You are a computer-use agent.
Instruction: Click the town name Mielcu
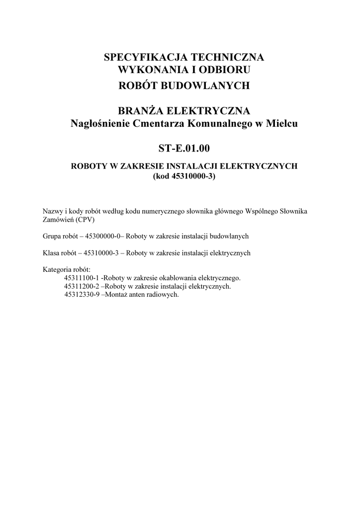pos(282,124)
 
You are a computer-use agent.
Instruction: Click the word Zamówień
pos(58,219)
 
